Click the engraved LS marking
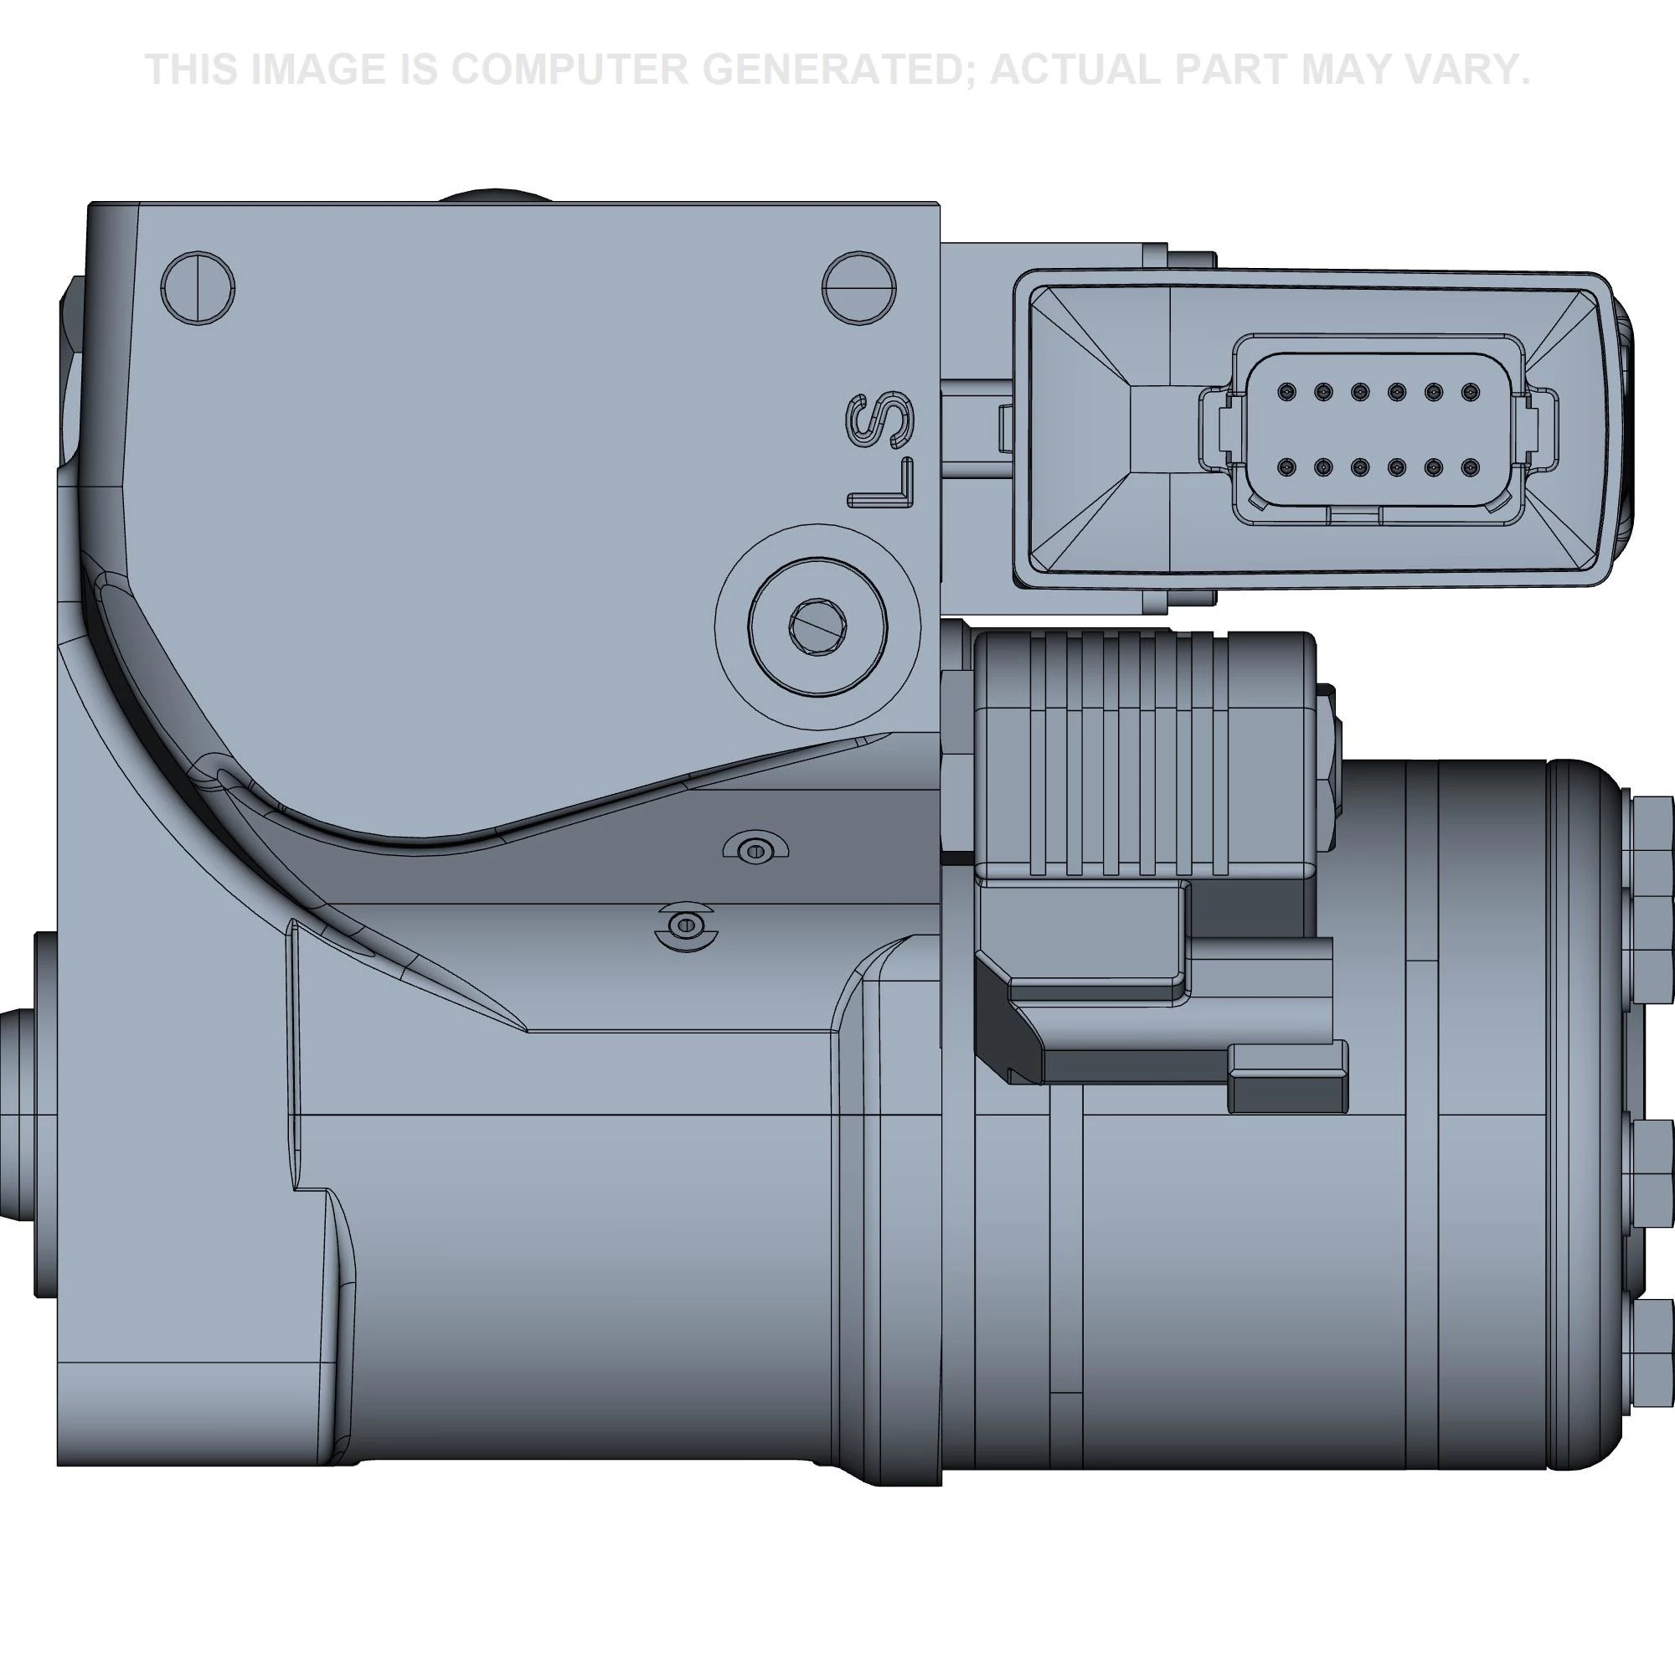[882, 450]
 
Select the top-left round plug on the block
[198, 289]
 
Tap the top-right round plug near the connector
[859, 288]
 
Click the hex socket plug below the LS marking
[817, 625]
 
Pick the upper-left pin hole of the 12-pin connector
[1286, 393]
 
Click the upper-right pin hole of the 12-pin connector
[1469, 393]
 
